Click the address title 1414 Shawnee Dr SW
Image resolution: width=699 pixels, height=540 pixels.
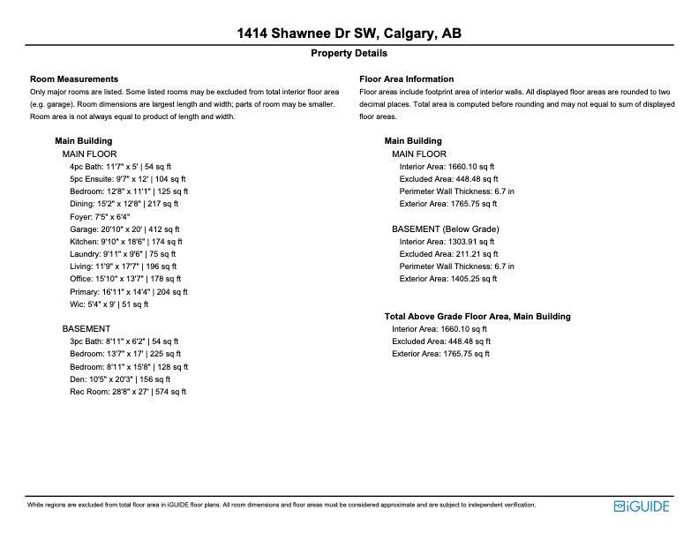point(349,34)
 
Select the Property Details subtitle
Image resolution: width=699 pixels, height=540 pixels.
point(349,54)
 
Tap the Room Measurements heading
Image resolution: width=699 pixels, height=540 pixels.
point(74,79)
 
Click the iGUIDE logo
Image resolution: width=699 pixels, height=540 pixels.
point(642,506)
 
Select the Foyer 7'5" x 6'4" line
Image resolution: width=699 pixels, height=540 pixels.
point(100,216)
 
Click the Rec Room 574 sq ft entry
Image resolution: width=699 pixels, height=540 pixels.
point(128,392)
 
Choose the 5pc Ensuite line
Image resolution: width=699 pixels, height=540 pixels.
point(127,178)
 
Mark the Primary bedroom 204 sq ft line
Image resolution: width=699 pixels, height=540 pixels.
point(129,291)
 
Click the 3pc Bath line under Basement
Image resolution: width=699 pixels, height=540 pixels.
point(124,341)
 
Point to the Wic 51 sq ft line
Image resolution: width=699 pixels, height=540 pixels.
point(109,304)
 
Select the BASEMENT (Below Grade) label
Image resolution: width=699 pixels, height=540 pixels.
point(445,229)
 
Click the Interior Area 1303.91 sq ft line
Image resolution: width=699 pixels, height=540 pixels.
point(447,242)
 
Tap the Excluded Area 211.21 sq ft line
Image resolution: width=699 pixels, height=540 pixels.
point(448,254)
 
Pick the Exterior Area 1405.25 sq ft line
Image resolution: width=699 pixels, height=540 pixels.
point(448,279)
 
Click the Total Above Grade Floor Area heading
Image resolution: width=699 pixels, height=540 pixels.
point(477,317)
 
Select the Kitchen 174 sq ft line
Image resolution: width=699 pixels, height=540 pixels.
point(125,241)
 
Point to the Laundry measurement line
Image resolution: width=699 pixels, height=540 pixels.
point(123,254)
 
